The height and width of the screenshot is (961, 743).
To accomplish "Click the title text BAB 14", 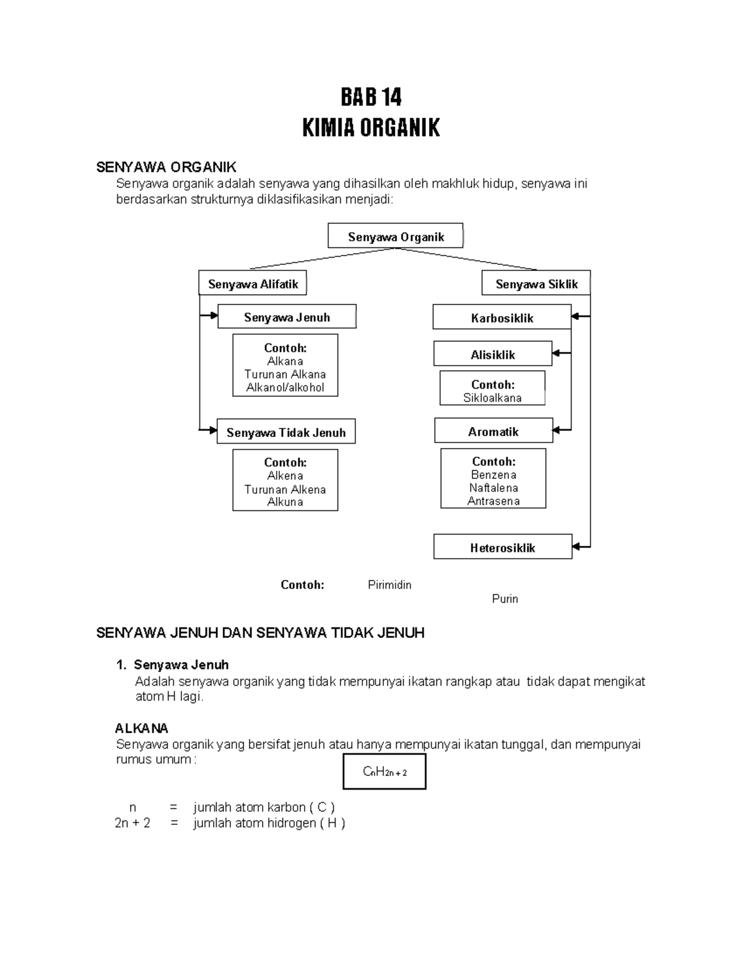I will point(371,98).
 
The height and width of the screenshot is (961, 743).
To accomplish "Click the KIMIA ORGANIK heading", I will point(371,128).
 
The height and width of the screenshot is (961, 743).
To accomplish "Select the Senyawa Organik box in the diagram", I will point(396,236).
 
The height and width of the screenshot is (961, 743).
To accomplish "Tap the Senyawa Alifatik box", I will point(253,284).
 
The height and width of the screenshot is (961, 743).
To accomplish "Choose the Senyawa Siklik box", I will point(536,284).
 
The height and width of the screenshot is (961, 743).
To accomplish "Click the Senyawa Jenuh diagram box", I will point(287,317).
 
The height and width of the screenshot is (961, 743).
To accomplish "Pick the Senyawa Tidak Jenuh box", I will point(286,432).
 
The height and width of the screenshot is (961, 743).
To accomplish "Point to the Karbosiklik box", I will point(502,318).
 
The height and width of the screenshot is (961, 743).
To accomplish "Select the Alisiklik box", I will point(493,355).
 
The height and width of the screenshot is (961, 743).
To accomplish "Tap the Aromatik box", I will point(493,431).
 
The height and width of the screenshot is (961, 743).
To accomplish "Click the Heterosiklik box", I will point(502,548).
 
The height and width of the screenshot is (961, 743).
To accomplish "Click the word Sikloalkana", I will point(492,398).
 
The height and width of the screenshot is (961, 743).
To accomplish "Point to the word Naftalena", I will point(493,488).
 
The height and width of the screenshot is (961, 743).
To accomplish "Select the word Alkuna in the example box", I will point(285,502).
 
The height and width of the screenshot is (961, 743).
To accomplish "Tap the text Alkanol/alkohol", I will point(285,387).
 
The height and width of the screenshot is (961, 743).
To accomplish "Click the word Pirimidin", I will point(389,585).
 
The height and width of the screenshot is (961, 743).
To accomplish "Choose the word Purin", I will point(505,599).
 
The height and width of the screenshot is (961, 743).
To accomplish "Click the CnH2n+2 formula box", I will point(385,772).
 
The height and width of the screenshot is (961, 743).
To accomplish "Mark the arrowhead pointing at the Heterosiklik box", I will point(576,547).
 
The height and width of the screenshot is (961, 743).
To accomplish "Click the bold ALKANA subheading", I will point(142,728).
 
